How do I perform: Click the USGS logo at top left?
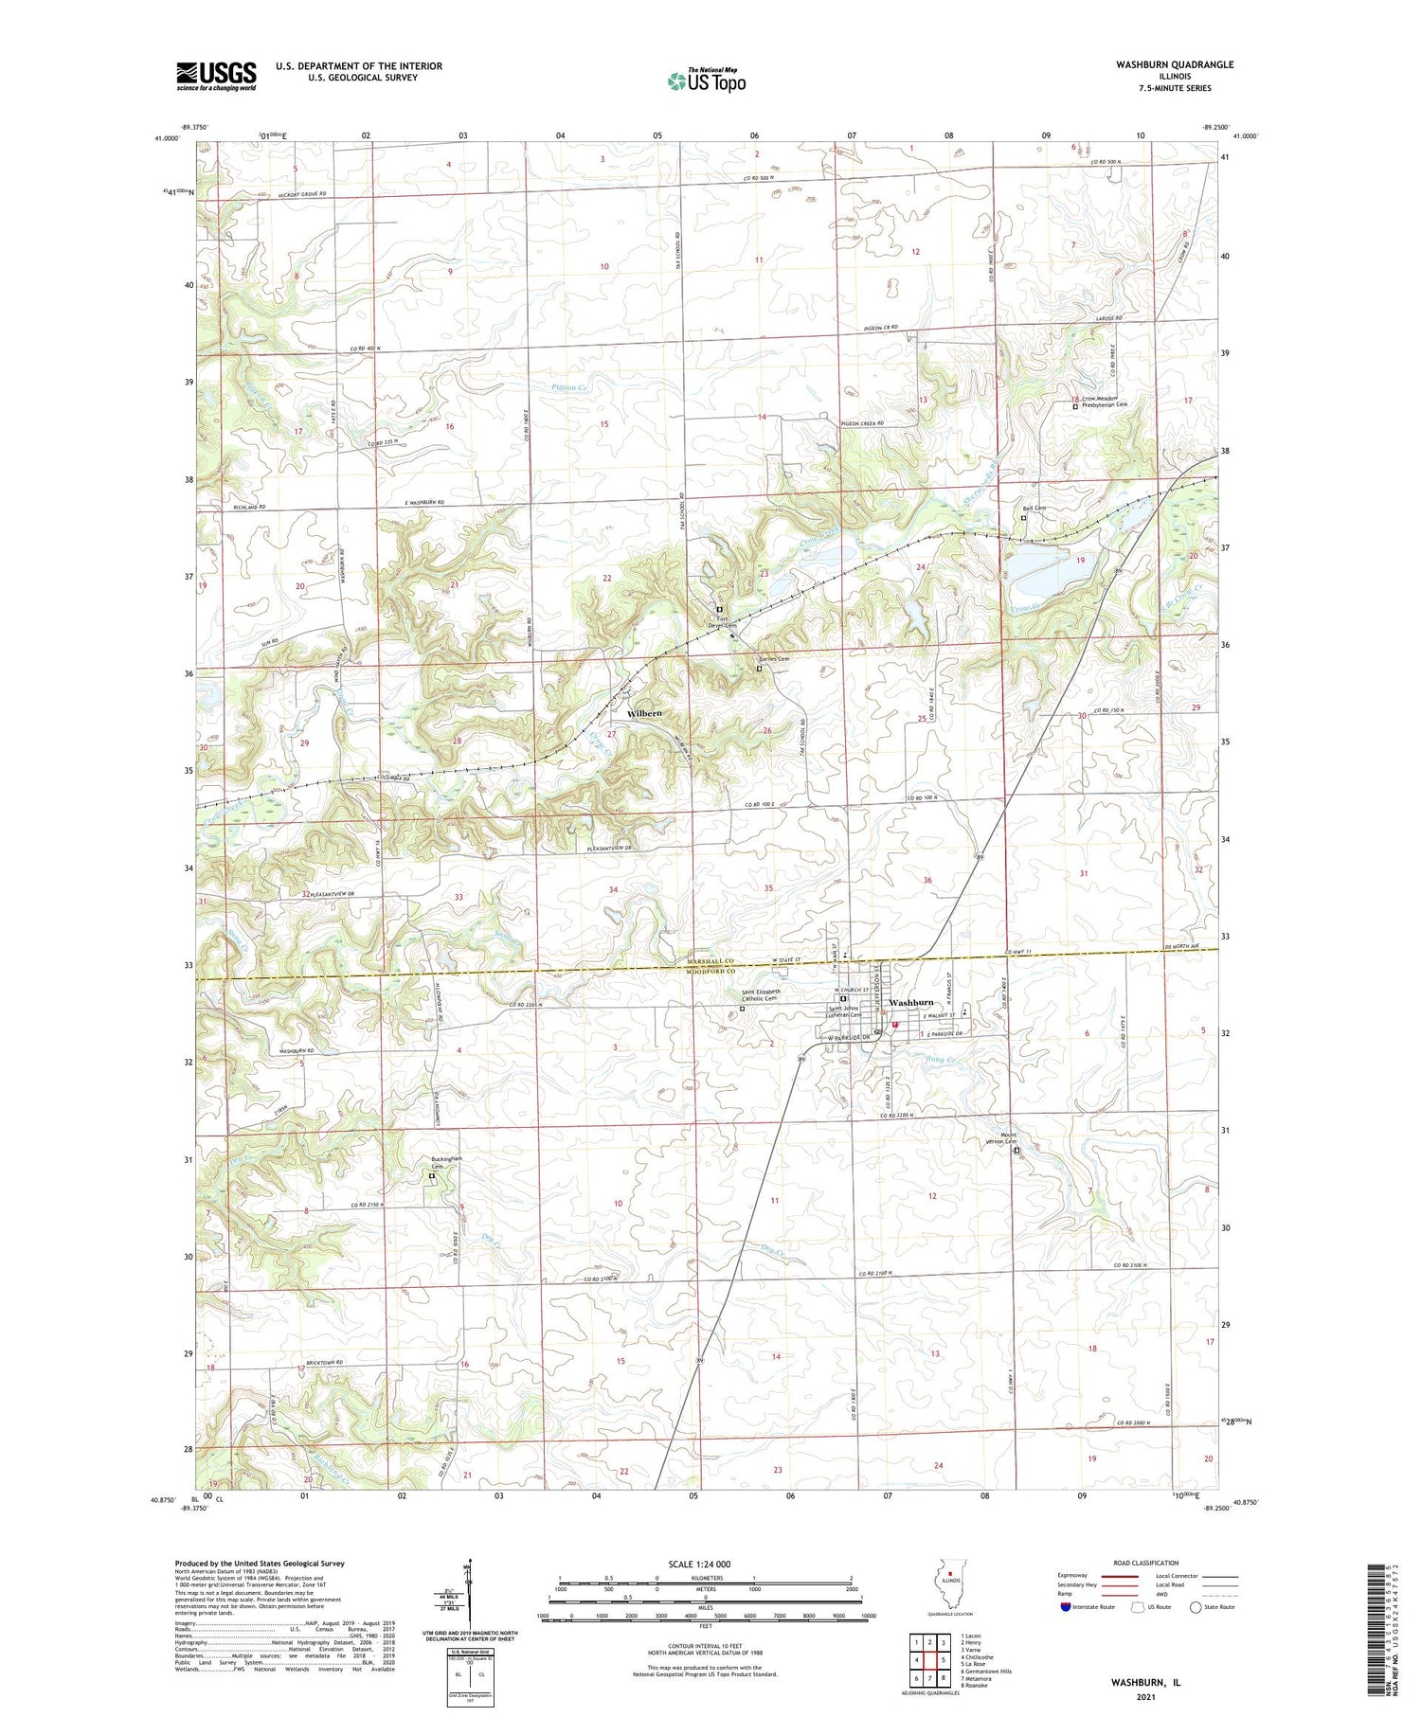(x=216, y=76)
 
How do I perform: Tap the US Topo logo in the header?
(x=706, y=81)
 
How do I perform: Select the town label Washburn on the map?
(x=910, y=1002)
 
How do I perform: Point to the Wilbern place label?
(x=643, y=712)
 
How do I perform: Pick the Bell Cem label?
(x=1034, y=509)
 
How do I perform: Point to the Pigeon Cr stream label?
(x=570, y=387)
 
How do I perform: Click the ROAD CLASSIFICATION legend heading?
(x=1146, y=1563)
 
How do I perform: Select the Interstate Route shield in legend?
(x=1066, y=1606)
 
